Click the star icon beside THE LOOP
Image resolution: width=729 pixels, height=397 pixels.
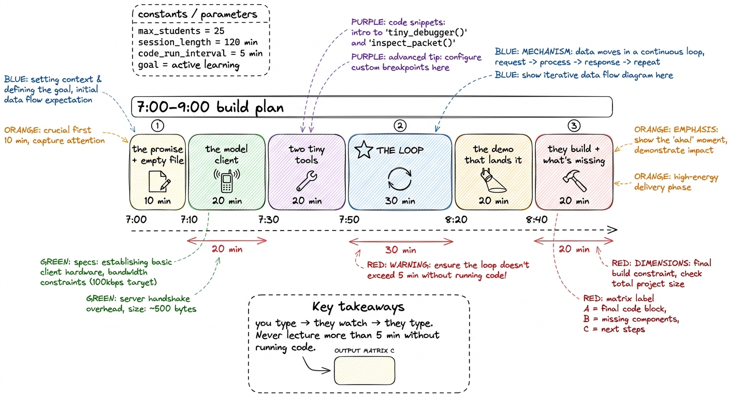[363, 150]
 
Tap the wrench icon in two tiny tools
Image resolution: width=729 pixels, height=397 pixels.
[307, 180]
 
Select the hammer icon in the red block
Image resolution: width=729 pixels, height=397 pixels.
[575, 180]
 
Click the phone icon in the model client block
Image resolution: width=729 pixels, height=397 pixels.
[226, 180]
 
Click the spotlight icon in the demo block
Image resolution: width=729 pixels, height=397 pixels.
[493, 180]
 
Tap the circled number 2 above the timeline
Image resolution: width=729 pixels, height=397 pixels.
[400, 126]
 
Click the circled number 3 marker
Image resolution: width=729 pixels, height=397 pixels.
[574, 126]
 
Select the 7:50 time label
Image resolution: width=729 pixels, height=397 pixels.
[349, 220]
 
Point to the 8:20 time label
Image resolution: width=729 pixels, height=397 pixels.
[456, 220]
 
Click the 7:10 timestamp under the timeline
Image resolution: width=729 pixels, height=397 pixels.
[189, 220]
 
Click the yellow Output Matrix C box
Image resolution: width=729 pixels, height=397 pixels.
[364, 371]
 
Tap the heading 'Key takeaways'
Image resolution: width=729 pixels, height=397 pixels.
[358, 307]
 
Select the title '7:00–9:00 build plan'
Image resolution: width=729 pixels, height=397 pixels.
[210, 107]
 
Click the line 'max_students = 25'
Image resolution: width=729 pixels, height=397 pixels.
[181, 31]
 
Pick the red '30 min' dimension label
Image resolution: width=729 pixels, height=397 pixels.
[401, 250]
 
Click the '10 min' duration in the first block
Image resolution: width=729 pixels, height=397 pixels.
[157, 201]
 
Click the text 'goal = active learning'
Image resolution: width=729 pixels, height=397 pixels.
[189, 65]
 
